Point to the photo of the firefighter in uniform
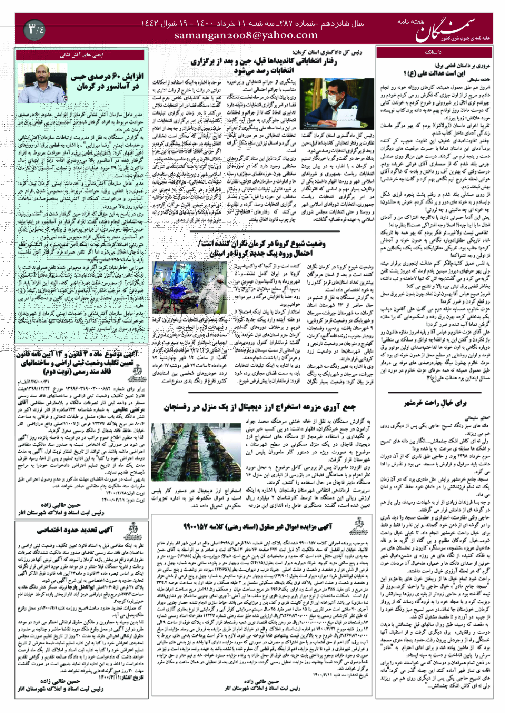tap(42, 83)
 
